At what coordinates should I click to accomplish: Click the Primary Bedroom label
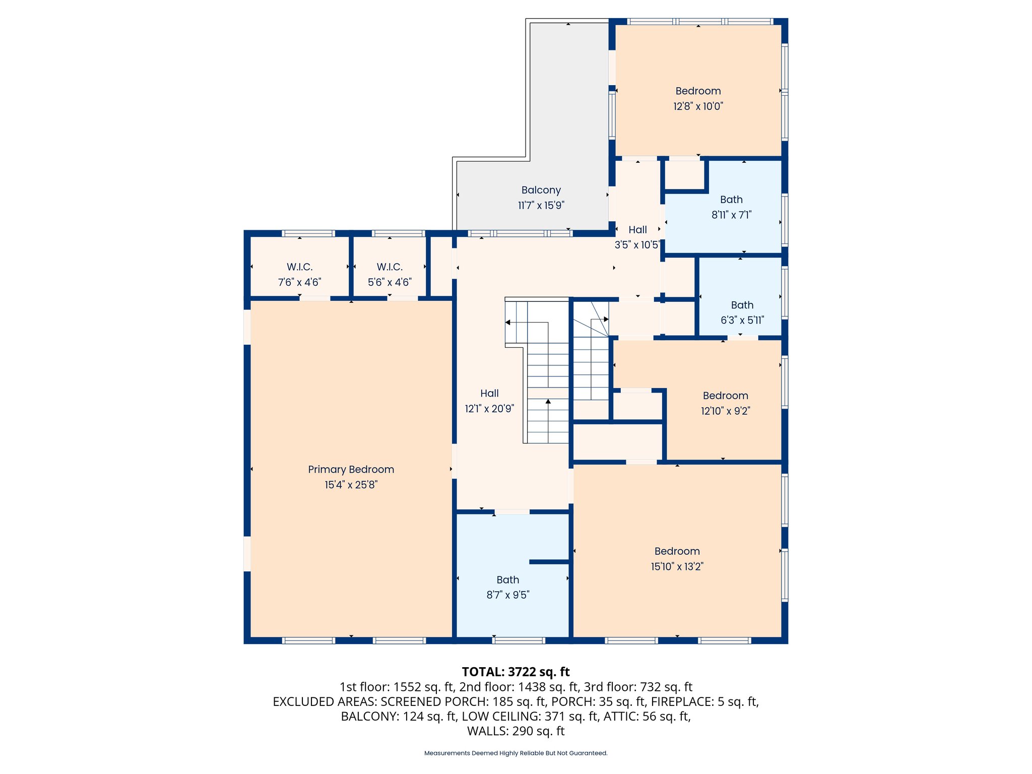pyautogui.click(x=351, y=469)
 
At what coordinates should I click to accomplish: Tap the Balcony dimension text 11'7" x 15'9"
pyautogui.click(x=541, y=206)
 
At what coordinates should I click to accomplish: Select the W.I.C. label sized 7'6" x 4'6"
pyautogui.click(x=299, y=267)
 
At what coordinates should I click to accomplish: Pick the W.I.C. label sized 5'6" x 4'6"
pyautogui.click(x=390, y=267)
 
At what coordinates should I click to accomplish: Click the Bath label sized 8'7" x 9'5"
pyautogui.click(x=507, y=580)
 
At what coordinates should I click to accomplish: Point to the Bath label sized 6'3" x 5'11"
pyautogui.click(x=742, y=305)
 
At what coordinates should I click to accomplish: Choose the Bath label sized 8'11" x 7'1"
pyautogui.click(x=731, y=200)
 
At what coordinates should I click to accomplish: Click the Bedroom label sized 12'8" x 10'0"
pyautogui.click(x=698, y=91)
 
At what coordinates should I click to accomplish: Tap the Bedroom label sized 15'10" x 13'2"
pyautogui.click(x=677, y=551)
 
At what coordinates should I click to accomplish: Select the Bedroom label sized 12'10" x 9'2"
pyautogui.click(x=725, y=396)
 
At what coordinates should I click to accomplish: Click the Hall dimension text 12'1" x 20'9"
pyautogui.click(x=489, y=409)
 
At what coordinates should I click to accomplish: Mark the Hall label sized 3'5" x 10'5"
pyautogui.click(x=637, y=230)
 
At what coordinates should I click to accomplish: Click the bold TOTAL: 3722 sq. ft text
pyautogui.click(x=515, y=672)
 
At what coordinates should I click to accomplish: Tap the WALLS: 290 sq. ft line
pyautogui.click(x=515, y=731)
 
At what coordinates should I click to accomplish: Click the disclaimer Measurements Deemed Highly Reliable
pyautogui.click(x=515, y=753)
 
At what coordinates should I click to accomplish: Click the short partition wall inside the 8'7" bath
pyautogui.click(x=549, y=561)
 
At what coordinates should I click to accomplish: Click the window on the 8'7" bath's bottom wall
pyautogui.click(x=519, y=640)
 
